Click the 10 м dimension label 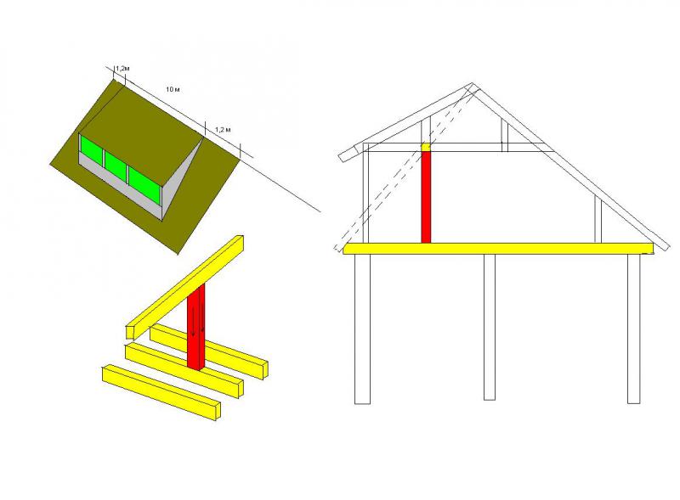173,90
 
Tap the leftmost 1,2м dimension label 122,69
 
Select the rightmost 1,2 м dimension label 223,130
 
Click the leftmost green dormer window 91,149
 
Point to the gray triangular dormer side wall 181,178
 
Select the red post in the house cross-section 426,197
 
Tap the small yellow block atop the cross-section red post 426,148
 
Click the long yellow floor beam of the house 498,248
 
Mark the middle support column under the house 490,327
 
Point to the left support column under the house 363,329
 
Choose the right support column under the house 633,329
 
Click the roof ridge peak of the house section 472,84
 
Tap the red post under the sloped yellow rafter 196,327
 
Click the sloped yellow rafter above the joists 185,287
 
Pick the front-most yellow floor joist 161,392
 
